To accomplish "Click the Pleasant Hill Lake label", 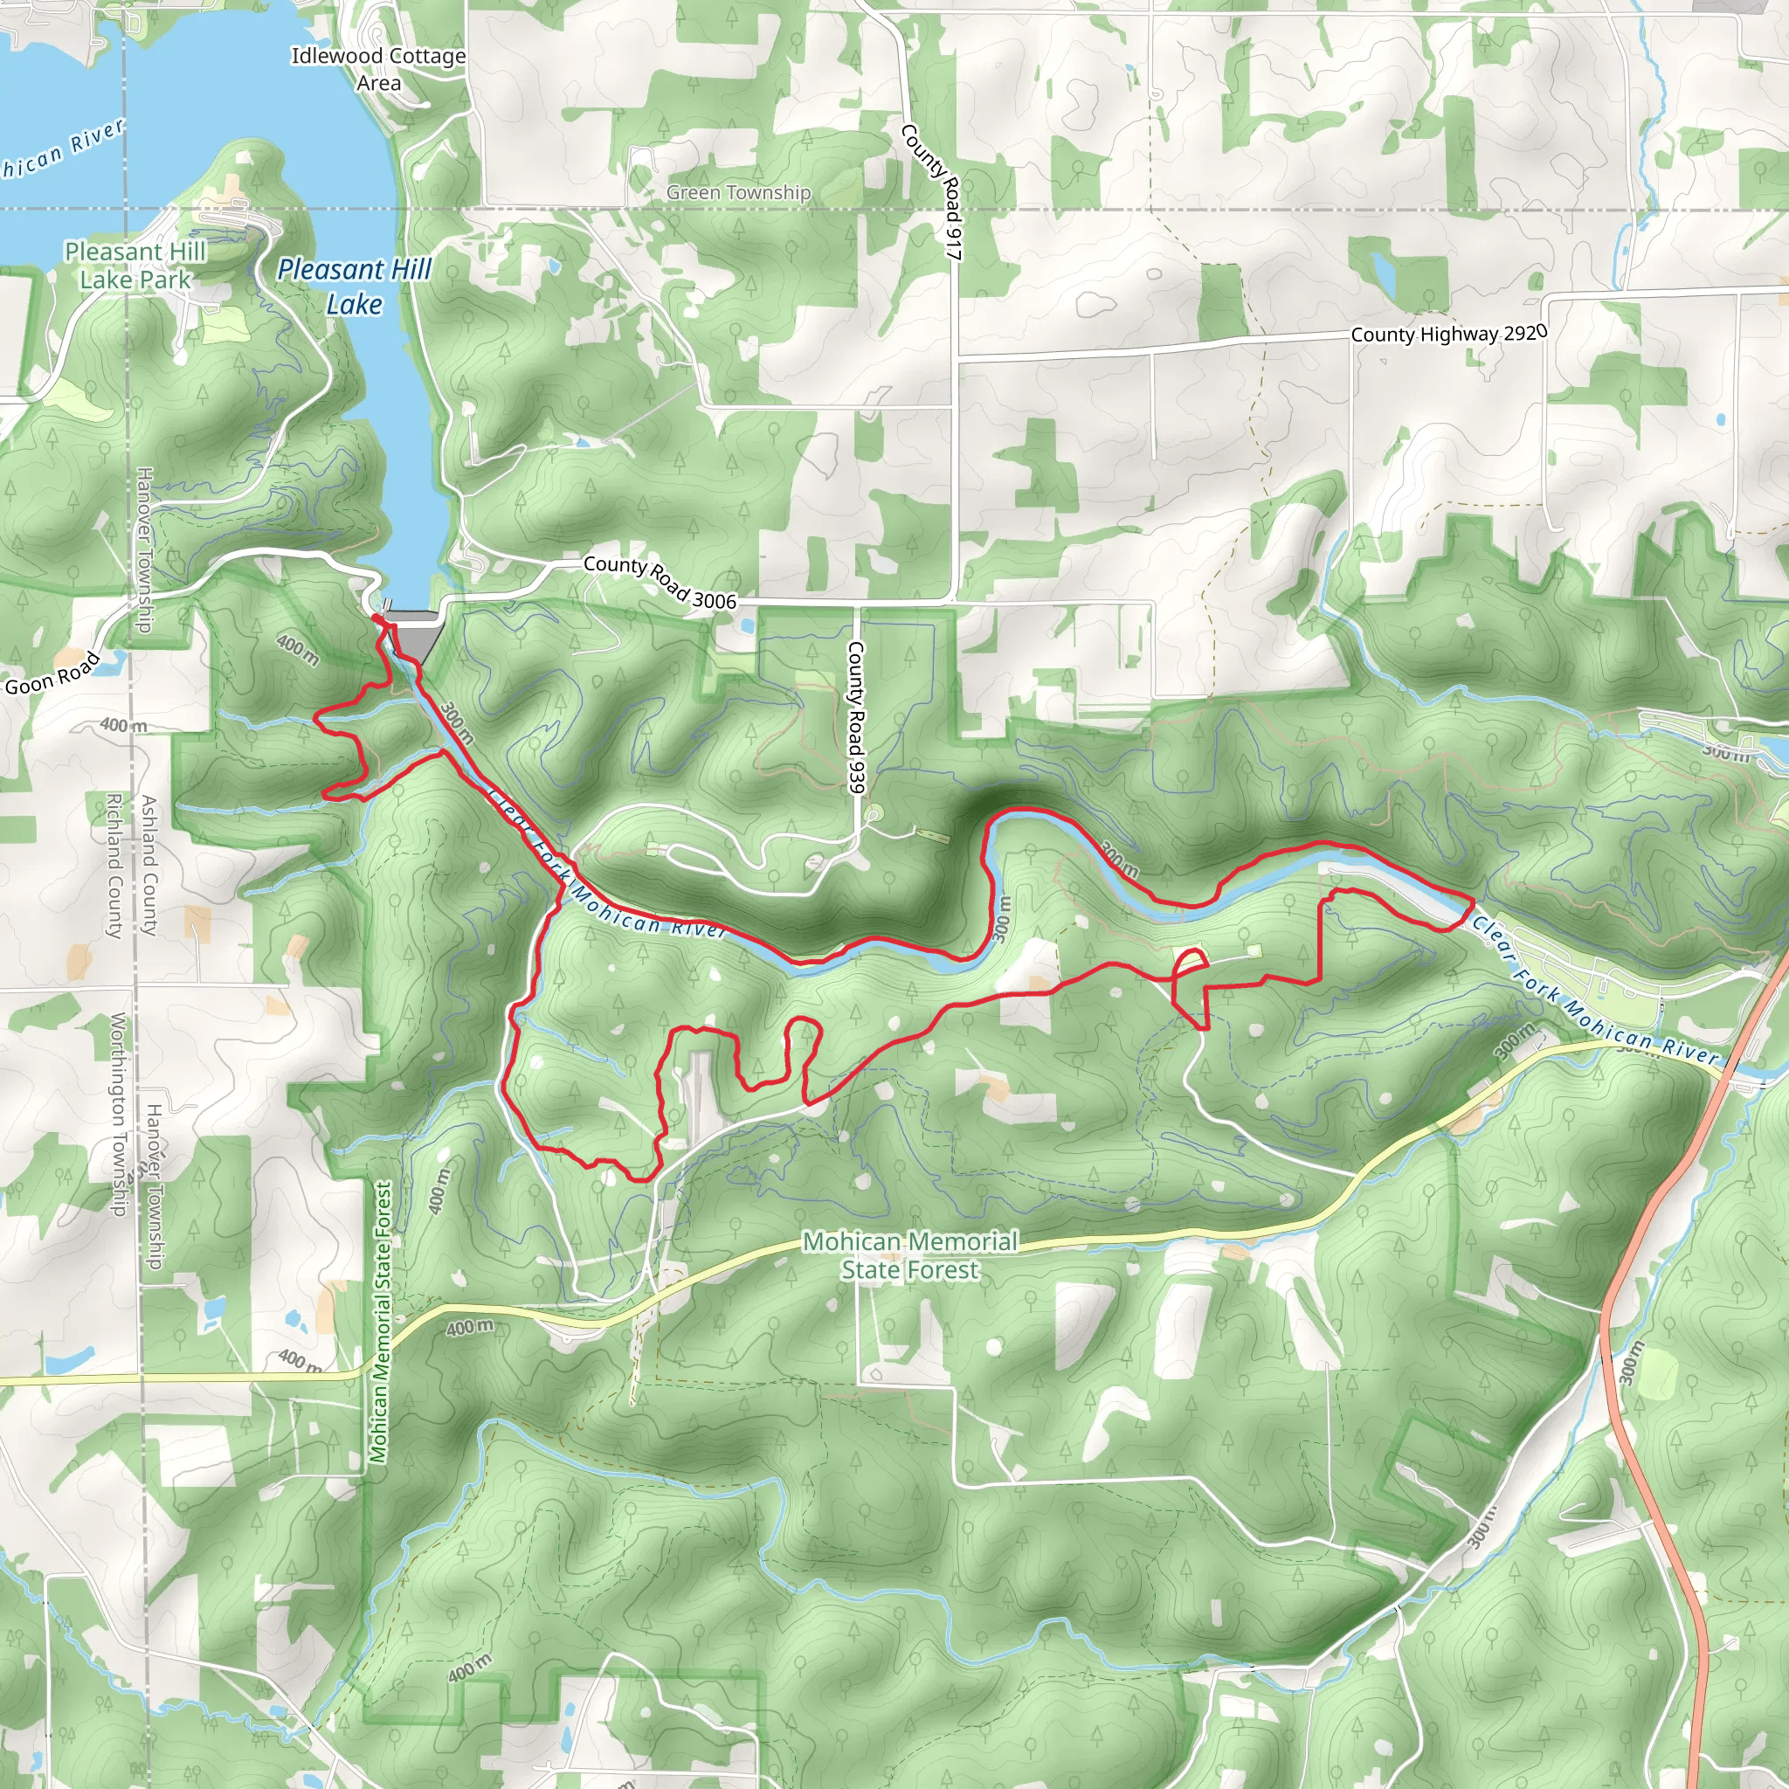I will pyautogui.click(x=355, y=287).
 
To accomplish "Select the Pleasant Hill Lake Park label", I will pyautogui.click(x=135, y=265).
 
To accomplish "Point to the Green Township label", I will pyautogui.click(x=738, y=192).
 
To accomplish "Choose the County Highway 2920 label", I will pyautogui.click(x=1448, y=334).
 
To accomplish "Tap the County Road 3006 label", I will pyautogui.click(x=660, y=582).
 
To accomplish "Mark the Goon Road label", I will pyautogui.click(x=52, y=673).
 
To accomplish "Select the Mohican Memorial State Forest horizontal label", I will pyautogui.click(x=909, y=1254).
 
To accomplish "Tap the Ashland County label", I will pyautogui.click(x=149, y=865).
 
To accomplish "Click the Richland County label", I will pyautogui.click(x=114, y=865).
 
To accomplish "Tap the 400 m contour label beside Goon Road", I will pyautogui.click(x=122, y=725).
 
